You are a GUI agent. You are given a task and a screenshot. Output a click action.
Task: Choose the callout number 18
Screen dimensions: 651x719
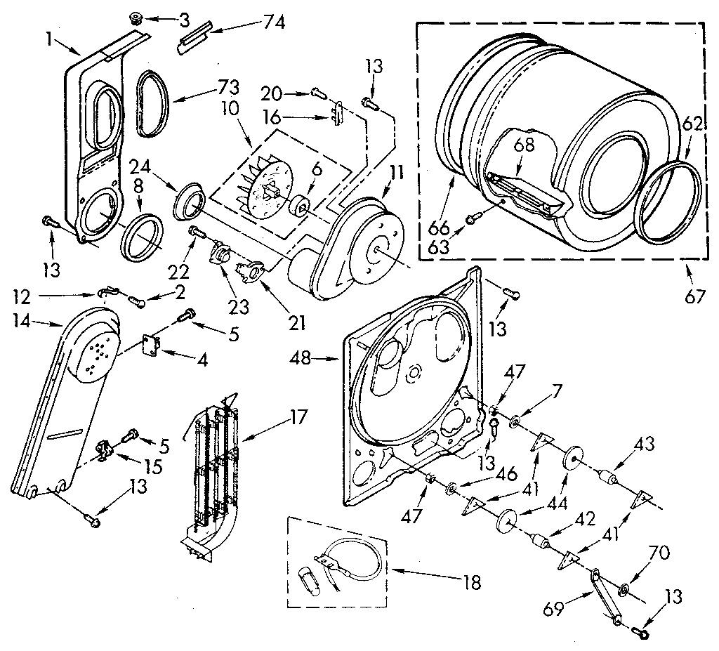coord(471,581)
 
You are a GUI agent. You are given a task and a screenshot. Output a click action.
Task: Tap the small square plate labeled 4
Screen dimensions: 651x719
coord(150,344)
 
